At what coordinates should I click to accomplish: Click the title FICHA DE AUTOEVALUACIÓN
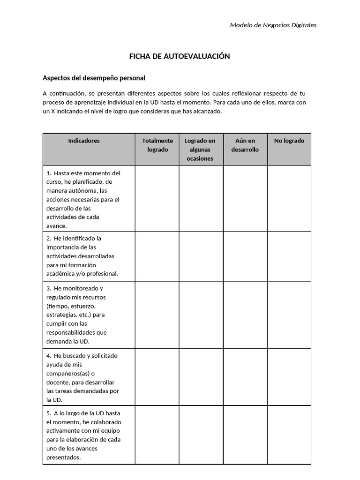click(x=180, y=56)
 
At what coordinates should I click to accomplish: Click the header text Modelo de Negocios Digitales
click(x=273, y=25)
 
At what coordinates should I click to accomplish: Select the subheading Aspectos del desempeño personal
click(x=94, y=78)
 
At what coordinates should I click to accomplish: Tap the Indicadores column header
click(x=84, y=141)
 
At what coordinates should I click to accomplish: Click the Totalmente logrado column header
click(x=157, y=145)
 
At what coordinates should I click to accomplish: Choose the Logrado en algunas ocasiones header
click(x=200, y=150)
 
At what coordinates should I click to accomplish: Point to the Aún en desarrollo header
click(x=245, y=145)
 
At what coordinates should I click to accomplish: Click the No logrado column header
click(x=289, y=141)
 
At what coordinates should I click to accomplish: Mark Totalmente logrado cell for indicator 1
click(x=157, y=198)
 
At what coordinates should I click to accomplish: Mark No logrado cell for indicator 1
click(x=289, y=198)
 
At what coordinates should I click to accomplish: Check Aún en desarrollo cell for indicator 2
click(x=245, y=256)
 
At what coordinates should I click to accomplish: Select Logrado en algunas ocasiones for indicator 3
click(x=201, y=315)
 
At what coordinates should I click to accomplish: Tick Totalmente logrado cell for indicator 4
click(x=157, y=377)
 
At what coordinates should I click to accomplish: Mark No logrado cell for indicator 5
click(x=289, y=435)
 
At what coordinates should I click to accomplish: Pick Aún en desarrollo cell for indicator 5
click(x=245, y=435)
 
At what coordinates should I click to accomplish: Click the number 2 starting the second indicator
click(x=48, y=238)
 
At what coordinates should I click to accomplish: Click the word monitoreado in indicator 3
click(x=80, y=288)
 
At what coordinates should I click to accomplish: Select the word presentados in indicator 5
click(x=64, y=457)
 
